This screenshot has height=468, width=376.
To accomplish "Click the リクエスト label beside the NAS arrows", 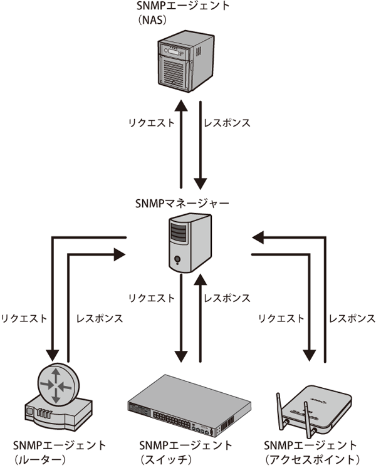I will coord(152,123).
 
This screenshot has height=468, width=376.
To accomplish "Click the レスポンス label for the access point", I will coord(348,318).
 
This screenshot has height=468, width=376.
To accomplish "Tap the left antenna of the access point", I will coord(280,410).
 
